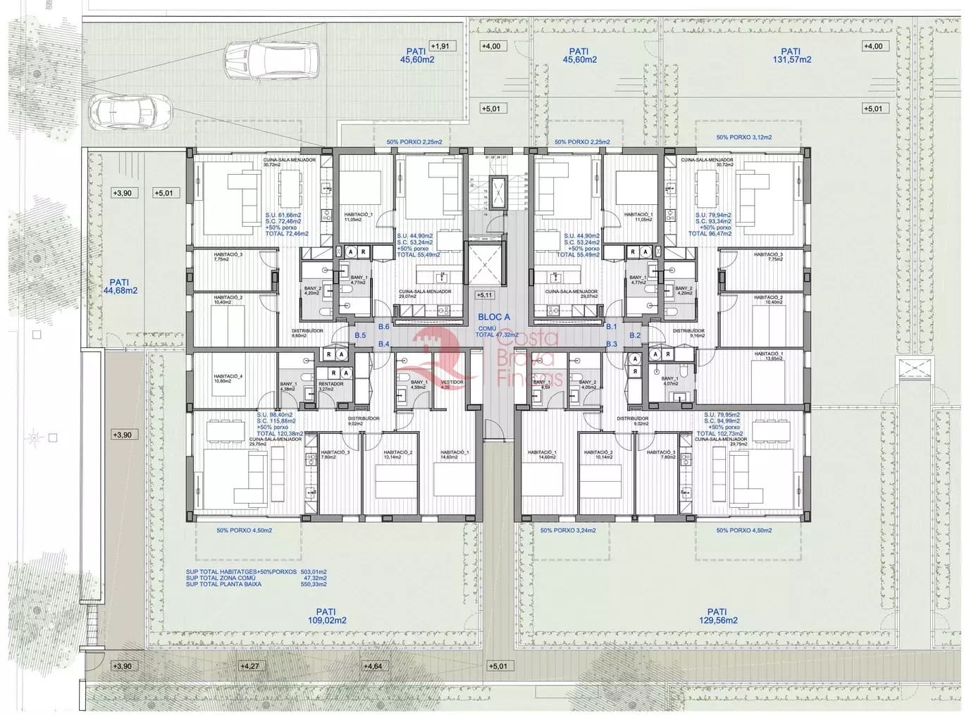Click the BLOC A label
point(493,318)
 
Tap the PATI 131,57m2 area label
point(791,55)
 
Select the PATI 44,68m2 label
point(120,285)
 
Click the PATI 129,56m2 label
point(717,616)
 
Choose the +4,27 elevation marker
point(250,666)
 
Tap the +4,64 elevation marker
point(372,666)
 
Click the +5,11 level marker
point(485,295)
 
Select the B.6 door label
point(383,327)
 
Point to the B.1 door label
point(611,327)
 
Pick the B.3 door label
point(611,344)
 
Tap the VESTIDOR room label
point(452,384)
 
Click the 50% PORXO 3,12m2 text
point(743,137)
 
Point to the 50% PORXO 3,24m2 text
point(567,530)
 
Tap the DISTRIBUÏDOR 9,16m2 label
point(688,332)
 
